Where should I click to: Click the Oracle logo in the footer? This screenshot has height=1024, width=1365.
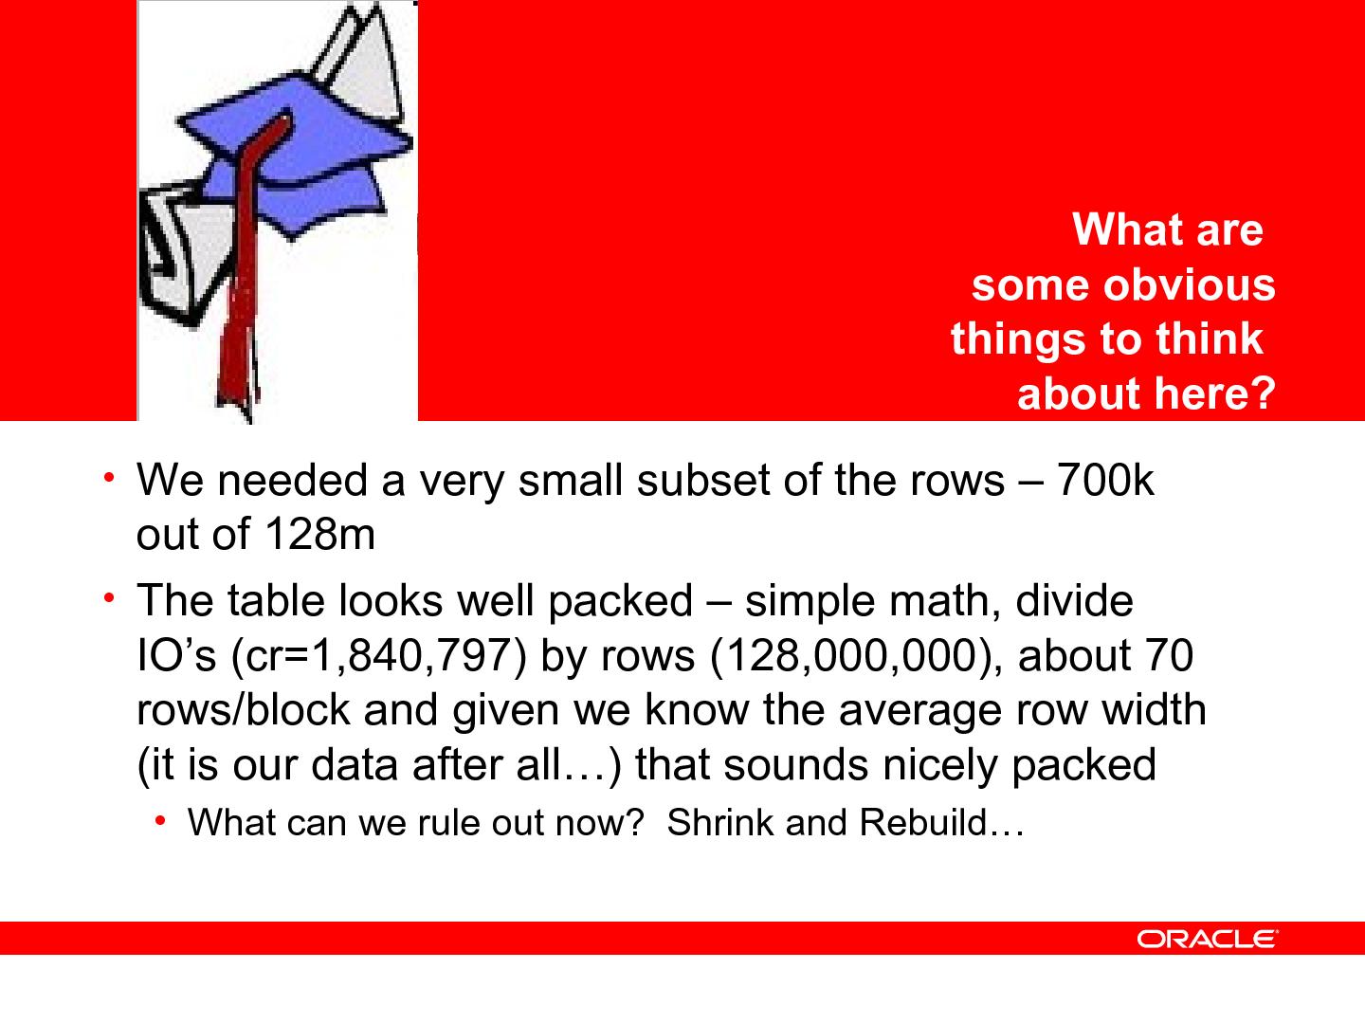[1207, 939]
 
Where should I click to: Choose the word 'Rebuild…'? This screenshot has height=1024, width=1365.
[941, 823]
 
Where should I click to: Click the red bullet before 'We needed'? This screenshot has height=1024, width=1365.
[109, 478]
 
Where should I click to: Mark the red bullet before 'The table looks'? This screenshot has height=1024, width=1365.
[109, 598]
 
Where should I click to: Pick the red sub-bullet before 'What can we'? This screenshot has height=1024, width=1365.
[160, 821]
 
